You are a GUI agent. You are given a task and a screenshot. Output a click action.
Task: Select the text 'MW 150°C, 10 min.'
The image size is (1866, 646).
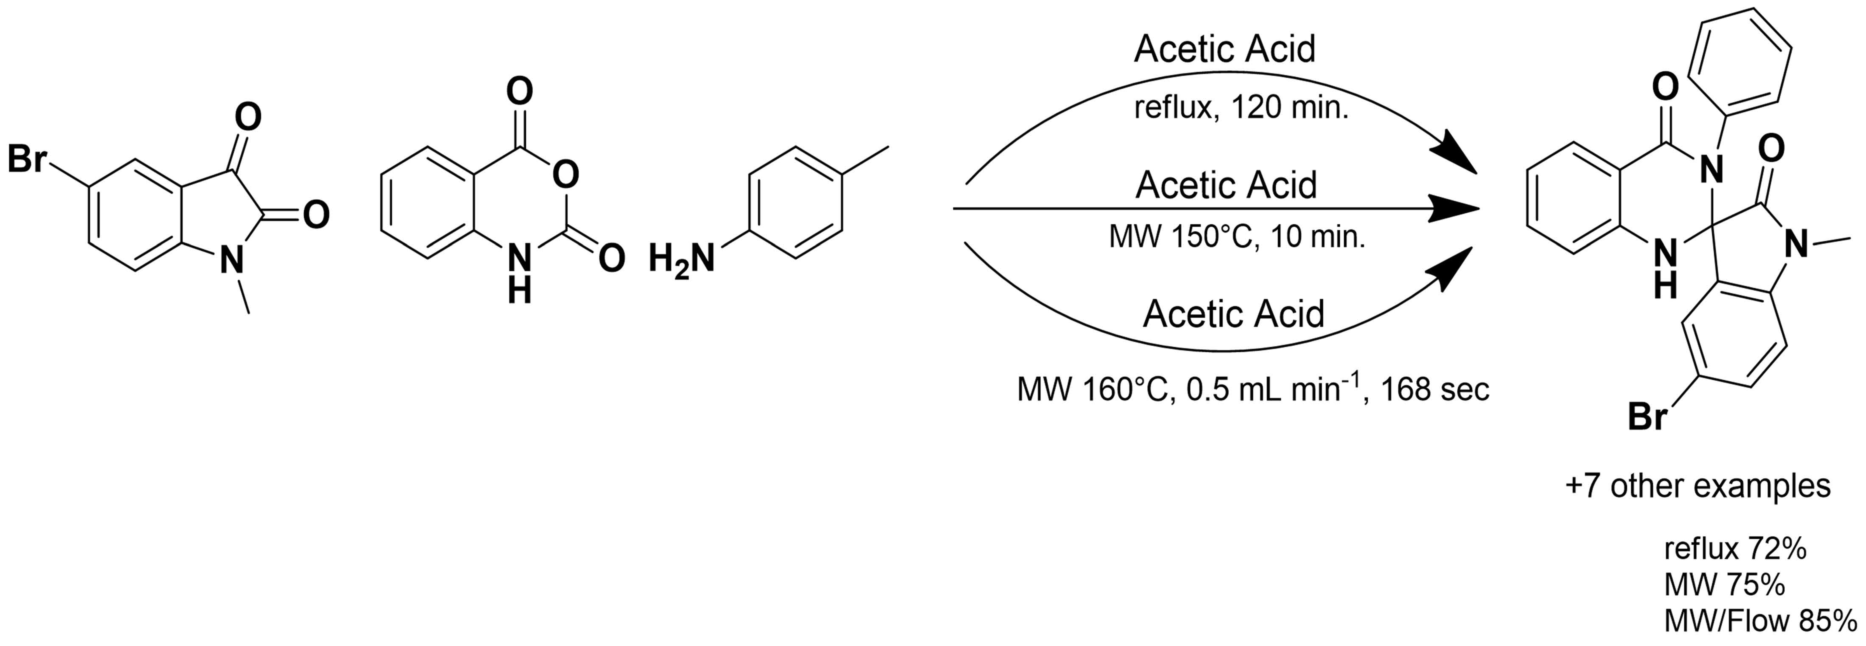1237,237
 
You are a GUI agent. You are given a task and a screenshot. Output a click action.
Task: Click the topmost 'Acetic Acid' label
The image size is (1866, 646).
1224,49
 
